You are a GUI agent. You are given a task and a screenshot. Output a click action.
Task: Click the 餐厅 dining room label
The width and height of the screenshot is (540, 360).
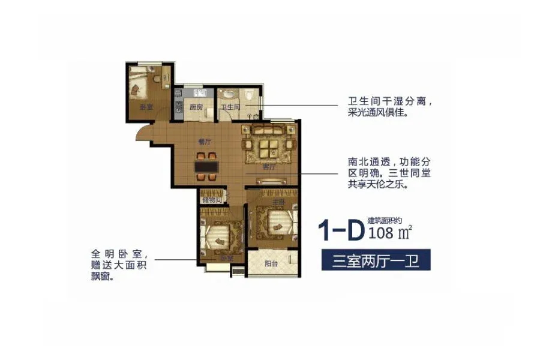pyautogui.click(x=205, y=142)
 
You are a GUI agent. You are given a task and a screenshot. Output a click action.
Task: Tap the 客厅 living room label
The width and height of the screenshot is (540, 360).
pyautogui.click(x=268, y=167)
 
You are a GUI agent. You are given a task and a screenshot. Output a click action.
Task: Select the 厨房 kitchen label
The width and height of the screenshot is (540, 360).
pyautogui.click(x=195, y=107)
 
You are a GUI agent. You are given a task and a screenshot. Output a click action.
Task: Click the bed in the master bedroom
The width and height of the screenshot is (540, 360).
pyautogui.click(x=273, y=224)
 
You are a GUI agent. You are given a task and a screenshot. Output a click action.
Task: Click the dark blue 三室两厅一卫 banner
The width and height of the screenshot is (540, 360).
pyautogui.click(x=376, y=260)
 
